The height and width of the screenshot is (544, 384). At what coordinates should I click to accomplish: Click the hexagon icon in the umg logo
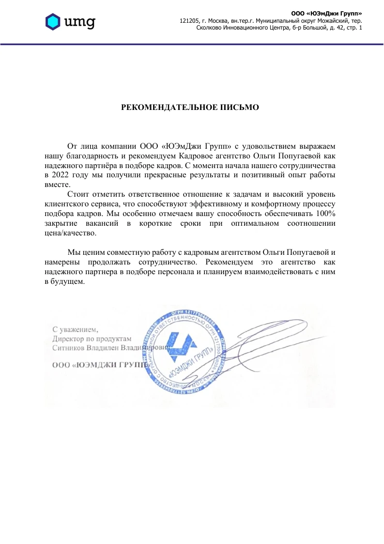point(53,21)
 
